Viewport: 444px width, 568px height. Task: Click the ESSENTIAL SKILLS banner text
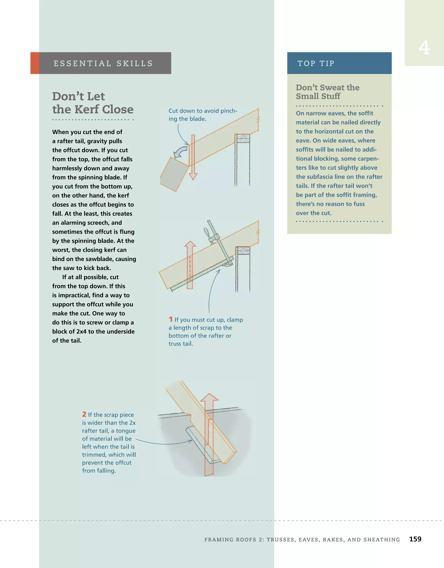(103, 64)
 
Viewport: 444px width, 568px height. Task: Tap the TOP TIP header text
(316, 64)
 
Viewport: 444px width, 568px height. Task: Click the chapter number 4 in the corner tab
(424, 48)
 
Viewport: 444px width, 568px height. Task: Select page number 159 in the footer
(415, 539)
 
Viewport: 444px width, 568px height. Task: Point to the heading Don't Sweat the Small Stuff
(328, 92)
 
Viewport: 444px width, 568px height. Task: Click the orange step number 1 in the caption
(171, 319)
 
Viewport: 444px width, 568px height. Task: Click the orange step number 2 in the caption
(84, 414)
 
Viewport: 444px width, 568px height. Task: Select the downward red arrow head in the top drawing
(193, 176)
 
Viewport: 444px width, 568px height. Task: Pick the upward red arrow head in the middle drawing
(190, 244)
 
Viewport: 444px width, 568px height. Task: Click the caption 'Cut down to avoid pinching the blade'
(203, 115)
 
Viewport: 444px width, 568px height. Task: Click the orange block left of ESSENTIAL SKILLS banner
(35, 63)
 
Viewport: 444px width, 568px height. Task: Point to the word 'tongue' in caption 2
(126, 431)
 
